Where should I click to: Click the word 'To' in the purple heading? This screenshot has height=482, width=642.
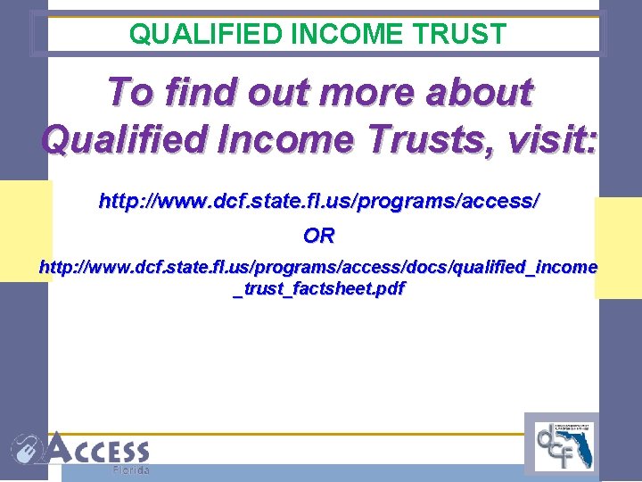(128, 92)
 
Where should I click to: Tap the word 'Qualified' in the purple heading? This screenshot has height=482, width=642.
(121, 138)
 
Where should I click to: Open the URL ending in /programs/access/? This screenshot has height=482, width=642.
(318, 202)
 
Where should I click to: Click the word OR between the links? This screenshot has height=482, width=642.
(318, 237)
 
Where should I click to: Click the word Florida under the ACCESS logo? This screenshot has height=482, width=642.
(130, 470)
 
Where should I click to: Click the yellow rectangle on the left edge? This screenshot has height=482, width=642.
(24, 230)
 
